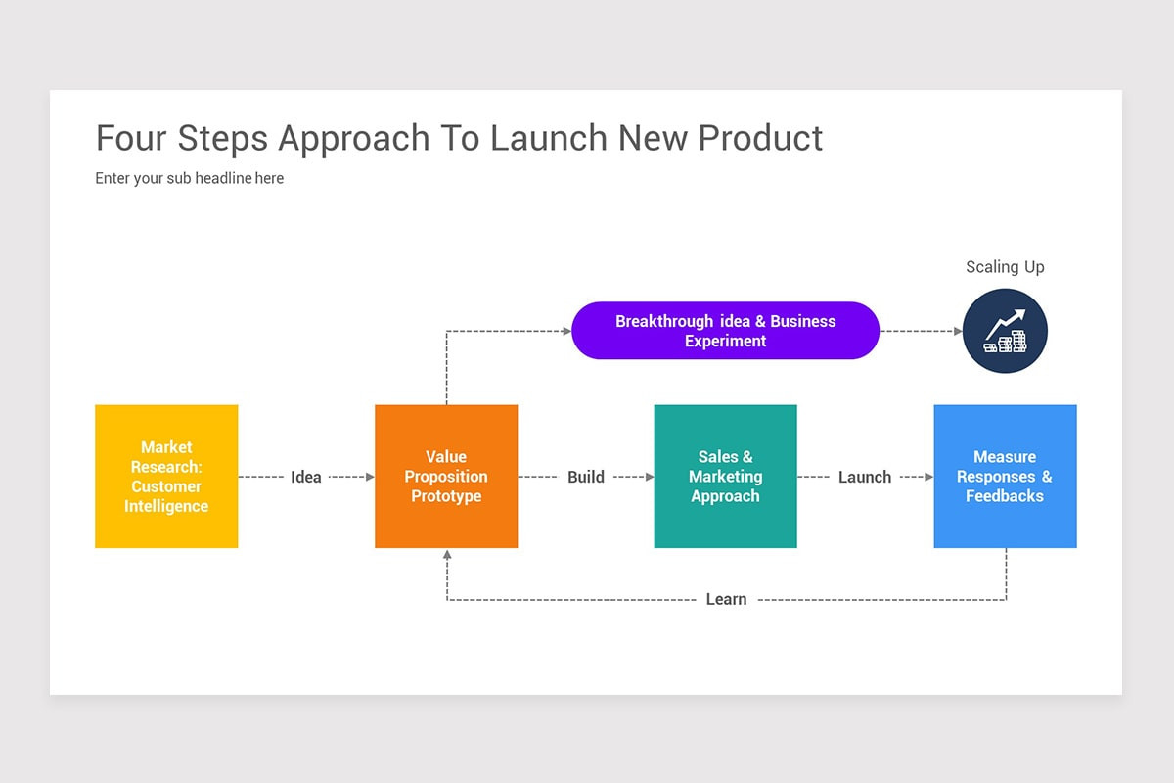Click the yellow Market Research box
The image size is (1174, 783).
tap(166, 477)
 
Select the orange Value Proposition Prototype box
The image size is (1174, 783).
tap(446, 477)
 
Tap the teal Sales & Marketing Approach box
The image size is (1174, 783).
tap(725, 477)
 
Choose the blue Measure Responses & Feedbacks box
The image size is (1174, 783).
tap(1005, 477)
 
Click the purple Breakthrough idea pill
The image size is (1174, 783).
tap(725, 331)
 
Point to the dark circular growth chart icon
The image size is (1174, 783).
tap(1005, 331)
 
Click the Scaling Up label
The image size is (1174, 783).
tap(1005, 267)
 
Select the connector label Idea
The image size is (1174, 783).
tap(306, 477)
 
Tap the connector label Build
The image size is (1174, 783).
tap(586, 477)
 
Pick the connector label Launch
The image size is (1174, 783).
tap(865, 477)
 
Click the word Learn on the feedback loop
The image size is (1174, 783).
tap(726, 599)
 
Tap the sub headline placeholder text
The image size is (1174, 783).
tap(190, 178)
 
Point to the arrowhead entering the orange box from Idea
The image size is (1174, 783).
tap(370, 477)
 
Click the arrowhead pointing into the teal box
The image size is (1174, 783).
tap(649, 477)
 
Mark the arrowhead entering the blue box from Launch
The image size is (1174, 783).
tap(928, 477)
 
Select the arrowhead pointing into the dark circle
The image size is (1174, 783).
tap(958, 331)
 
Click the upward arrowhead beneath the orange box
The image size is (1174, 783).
tap(447, 555)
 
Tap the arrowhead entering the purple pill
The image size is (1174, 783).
tap(566, 331)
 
